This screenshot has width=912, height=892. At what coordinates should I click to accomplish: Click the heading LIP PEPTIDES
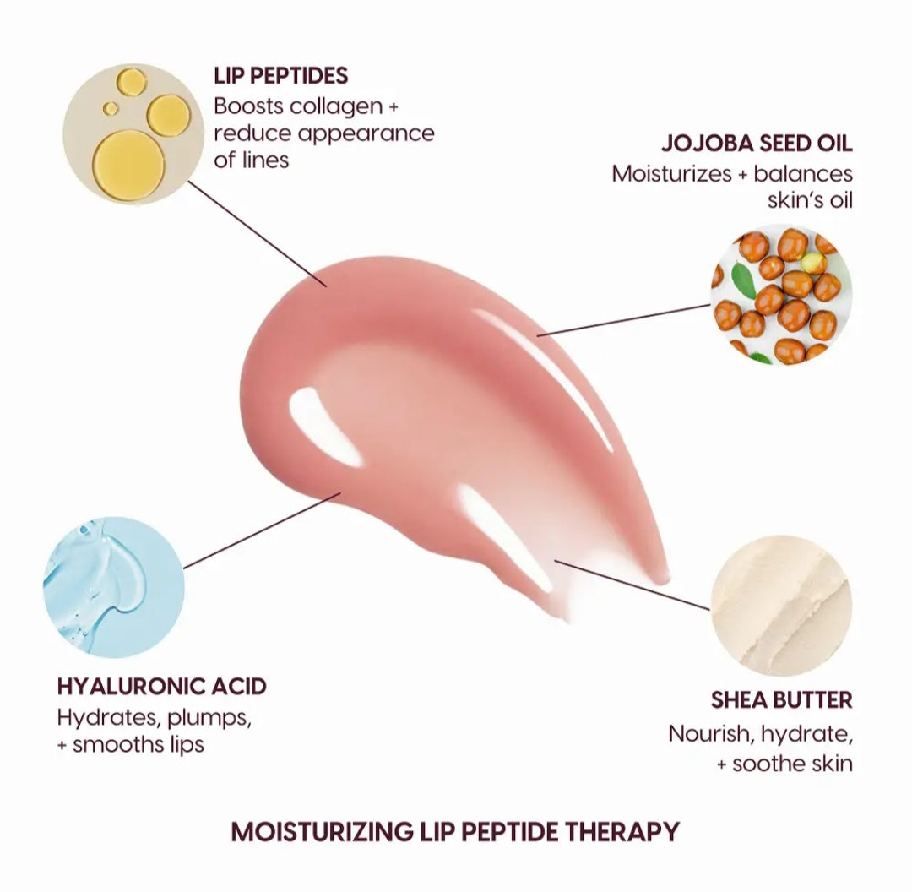[280, 76]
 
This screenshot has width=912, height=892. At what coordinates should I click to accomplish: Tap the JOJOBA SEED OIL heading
[757, 142]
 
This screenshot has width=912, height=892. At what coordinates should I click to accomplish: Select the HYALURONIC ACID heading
[162, 685]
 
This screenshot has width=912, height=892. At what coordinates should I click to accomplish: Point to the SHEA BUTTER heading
[781, 700]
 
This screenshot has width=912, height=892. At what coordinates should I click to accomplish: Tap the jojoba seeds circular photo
[781, 295]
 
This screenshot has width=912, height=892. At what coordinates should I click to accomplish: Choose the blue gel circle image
[113, 587]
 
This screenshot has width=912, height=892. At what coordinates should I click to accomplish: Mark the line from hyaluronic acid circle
[262, 530]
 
